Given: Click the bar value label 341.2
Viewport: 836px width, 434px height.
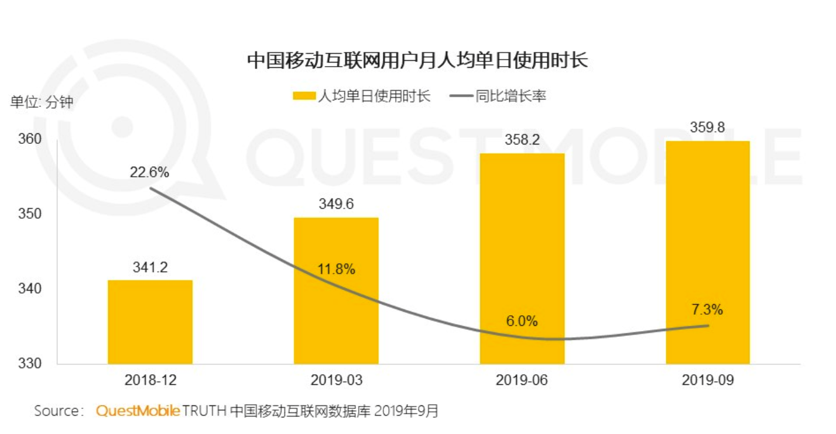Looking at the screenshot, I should tap(150, 267).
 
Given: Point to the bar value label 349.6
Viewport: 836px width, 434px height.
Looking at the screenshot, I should tap(336, 205).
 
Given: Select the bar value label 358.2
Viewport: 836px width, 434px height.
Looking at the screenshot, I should tap(522, 140).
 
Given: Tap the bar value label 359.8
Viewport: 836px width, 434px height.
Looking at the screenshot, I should tap(708, 128).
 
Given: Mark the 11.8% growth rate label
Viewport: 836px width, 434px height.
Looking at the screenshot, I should tap(336, 270).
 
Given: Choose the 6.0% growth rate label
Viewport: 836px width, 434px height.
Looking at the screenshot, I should tap(522, 321).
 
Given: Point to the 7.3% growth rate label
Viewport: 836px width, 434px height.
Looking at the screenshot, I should tap(707, 309).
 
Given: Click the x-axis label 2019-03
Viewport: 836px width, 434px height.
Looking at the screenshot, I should tap(336, 380).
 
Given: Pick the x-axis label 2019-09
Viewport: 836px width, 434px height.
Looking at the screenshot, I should tap(708, 380).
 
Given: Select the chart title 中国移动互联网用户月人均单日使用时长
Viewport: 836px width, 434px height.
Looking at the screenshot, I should tap(417, 61).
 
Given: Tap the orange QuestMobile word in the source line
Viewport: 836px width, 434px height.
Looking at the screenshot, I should tap(138, 411).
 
